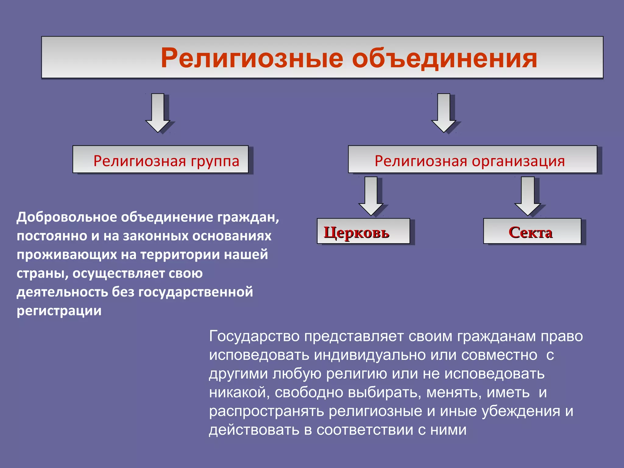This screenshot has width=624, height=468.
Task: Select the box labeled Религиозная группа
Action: click(x=161, y=160)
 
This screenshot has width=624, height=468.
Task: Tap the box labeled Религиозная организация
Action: click(x=472, y=160)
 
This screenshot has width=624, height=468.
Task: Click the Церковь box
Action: click(x=363, y=231)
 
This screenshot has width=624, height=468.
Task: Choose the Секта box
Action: click(x=532, y=231)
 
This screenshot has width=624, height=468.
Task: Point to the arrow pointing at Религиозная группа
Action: click(x=158, y=113)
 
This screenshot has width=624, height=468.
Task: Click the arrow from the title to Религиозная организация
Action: click(x=444, y=113)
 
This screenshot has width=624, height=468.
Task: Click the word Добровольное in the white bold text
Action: click(x=67, y=217)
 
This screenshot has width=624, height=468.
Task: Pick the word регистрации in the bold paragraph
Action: click(x=59, y=311)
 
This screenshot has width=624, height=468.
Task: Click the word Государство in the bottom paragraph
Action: click(x=254, y=336)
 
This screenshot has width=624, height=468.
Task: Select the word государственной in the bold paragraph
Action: click(x=196, y=292)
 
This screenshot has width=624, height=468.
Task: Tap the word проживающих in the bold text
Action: click(x=67, y=255)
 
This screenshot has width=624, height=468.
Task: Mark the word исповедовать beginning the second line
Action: click(x=259, y=355)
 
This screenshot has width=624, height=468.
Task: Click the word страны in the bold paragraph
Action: click(x=42, y=274)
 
